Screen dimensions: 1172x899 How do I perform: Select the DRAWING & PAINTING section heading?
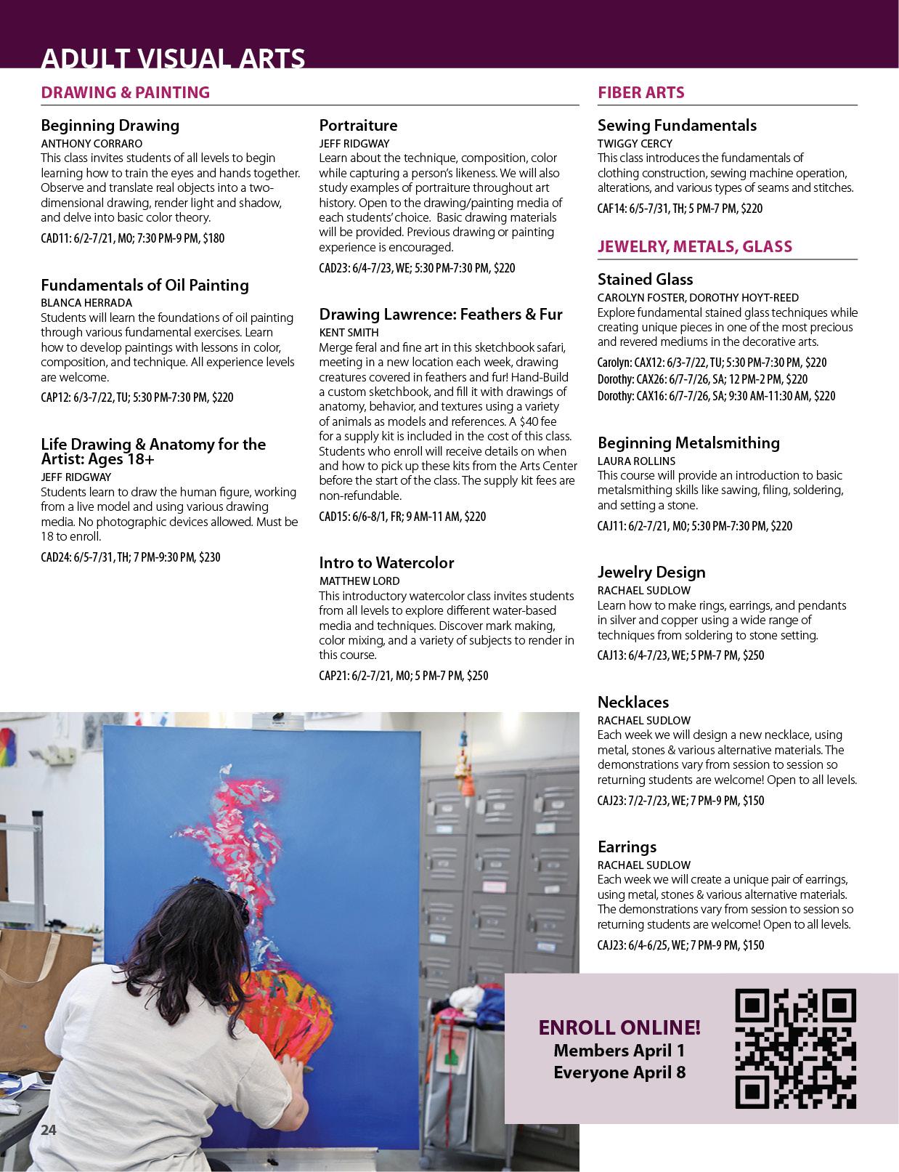click(125, 92)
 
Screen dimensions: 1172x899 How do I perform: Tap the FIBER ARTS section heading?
click(640, 92)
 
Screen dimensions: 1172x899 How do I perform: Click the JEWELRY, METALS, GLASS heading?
click(694, 246)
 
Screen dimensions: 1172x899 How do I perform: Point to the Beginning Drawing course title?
click(110, 125)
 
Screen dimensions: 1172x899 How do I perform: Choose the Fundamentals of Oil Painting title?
click(145, 285)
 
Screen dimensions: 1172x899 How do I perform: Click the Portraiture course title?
click(358, 125)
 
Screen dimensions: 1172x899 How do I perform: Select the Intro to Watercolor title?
click(386, 562)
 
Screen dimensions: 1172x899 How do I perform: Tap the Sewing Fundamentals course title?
click(677, 125)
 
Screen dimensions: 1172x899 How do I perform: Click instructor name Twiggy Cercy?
click(635, 143)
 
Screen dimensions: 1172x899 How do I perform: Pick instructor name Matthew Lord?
click(359, 581)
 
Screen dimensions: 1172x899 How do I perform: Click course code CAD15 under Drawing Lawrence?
click(333, 517)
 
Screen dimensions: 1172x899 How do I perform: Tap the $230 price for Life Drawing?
click(209, 557)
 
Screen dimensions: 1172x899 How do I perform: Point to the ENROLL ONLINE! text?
click(619, 1027)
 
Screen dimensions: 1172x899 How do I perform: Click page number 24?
click(49, 1129)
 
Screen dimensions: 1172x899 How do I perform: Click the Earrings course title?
click(627, 846)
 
